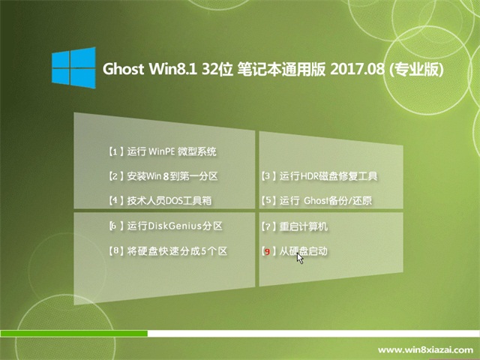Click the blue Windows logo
pyautogui.click(x=73, y=67)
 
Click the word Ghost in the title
pyautogui.click(x=123, y=69)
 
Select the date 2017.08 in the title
pyautogui.click(x=357, y=69)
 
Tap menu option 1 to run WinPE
pyautogui.click(x=163, y=151)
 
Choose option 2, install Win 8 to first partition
pyautogui.click(x=163, y=176)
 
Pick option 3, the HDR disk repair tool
pyautogui.click(x=319, y=176)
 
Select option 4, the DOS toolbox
pyautogui.click(x=160, y=201)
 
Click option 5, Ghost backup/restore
pyautogui.click(x=316, y=201)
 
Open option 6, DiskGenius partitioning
pyautogui.click(x=166, y=226)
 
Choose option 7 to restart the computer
pyautogui.click(x=294, y=226)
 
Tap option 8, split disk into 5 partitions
pyautogui.click(x=168, y=251)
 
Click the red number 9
pyautogui.click(x=267, y=252)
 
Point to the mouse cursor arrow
pyautogui.click(x=300, y=258)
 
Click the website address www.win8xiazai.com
pyautogui.click(x=425, y=350)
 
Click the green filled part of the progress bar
pyautogui.click(x=73, y=333)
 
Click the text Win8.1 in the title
pyautogui.click(x=172, y=69)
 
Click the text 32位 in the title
pyautogui.click(x=215, y=69)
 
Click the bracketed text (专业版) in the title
pyautogui.click(x=415, y=70)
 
